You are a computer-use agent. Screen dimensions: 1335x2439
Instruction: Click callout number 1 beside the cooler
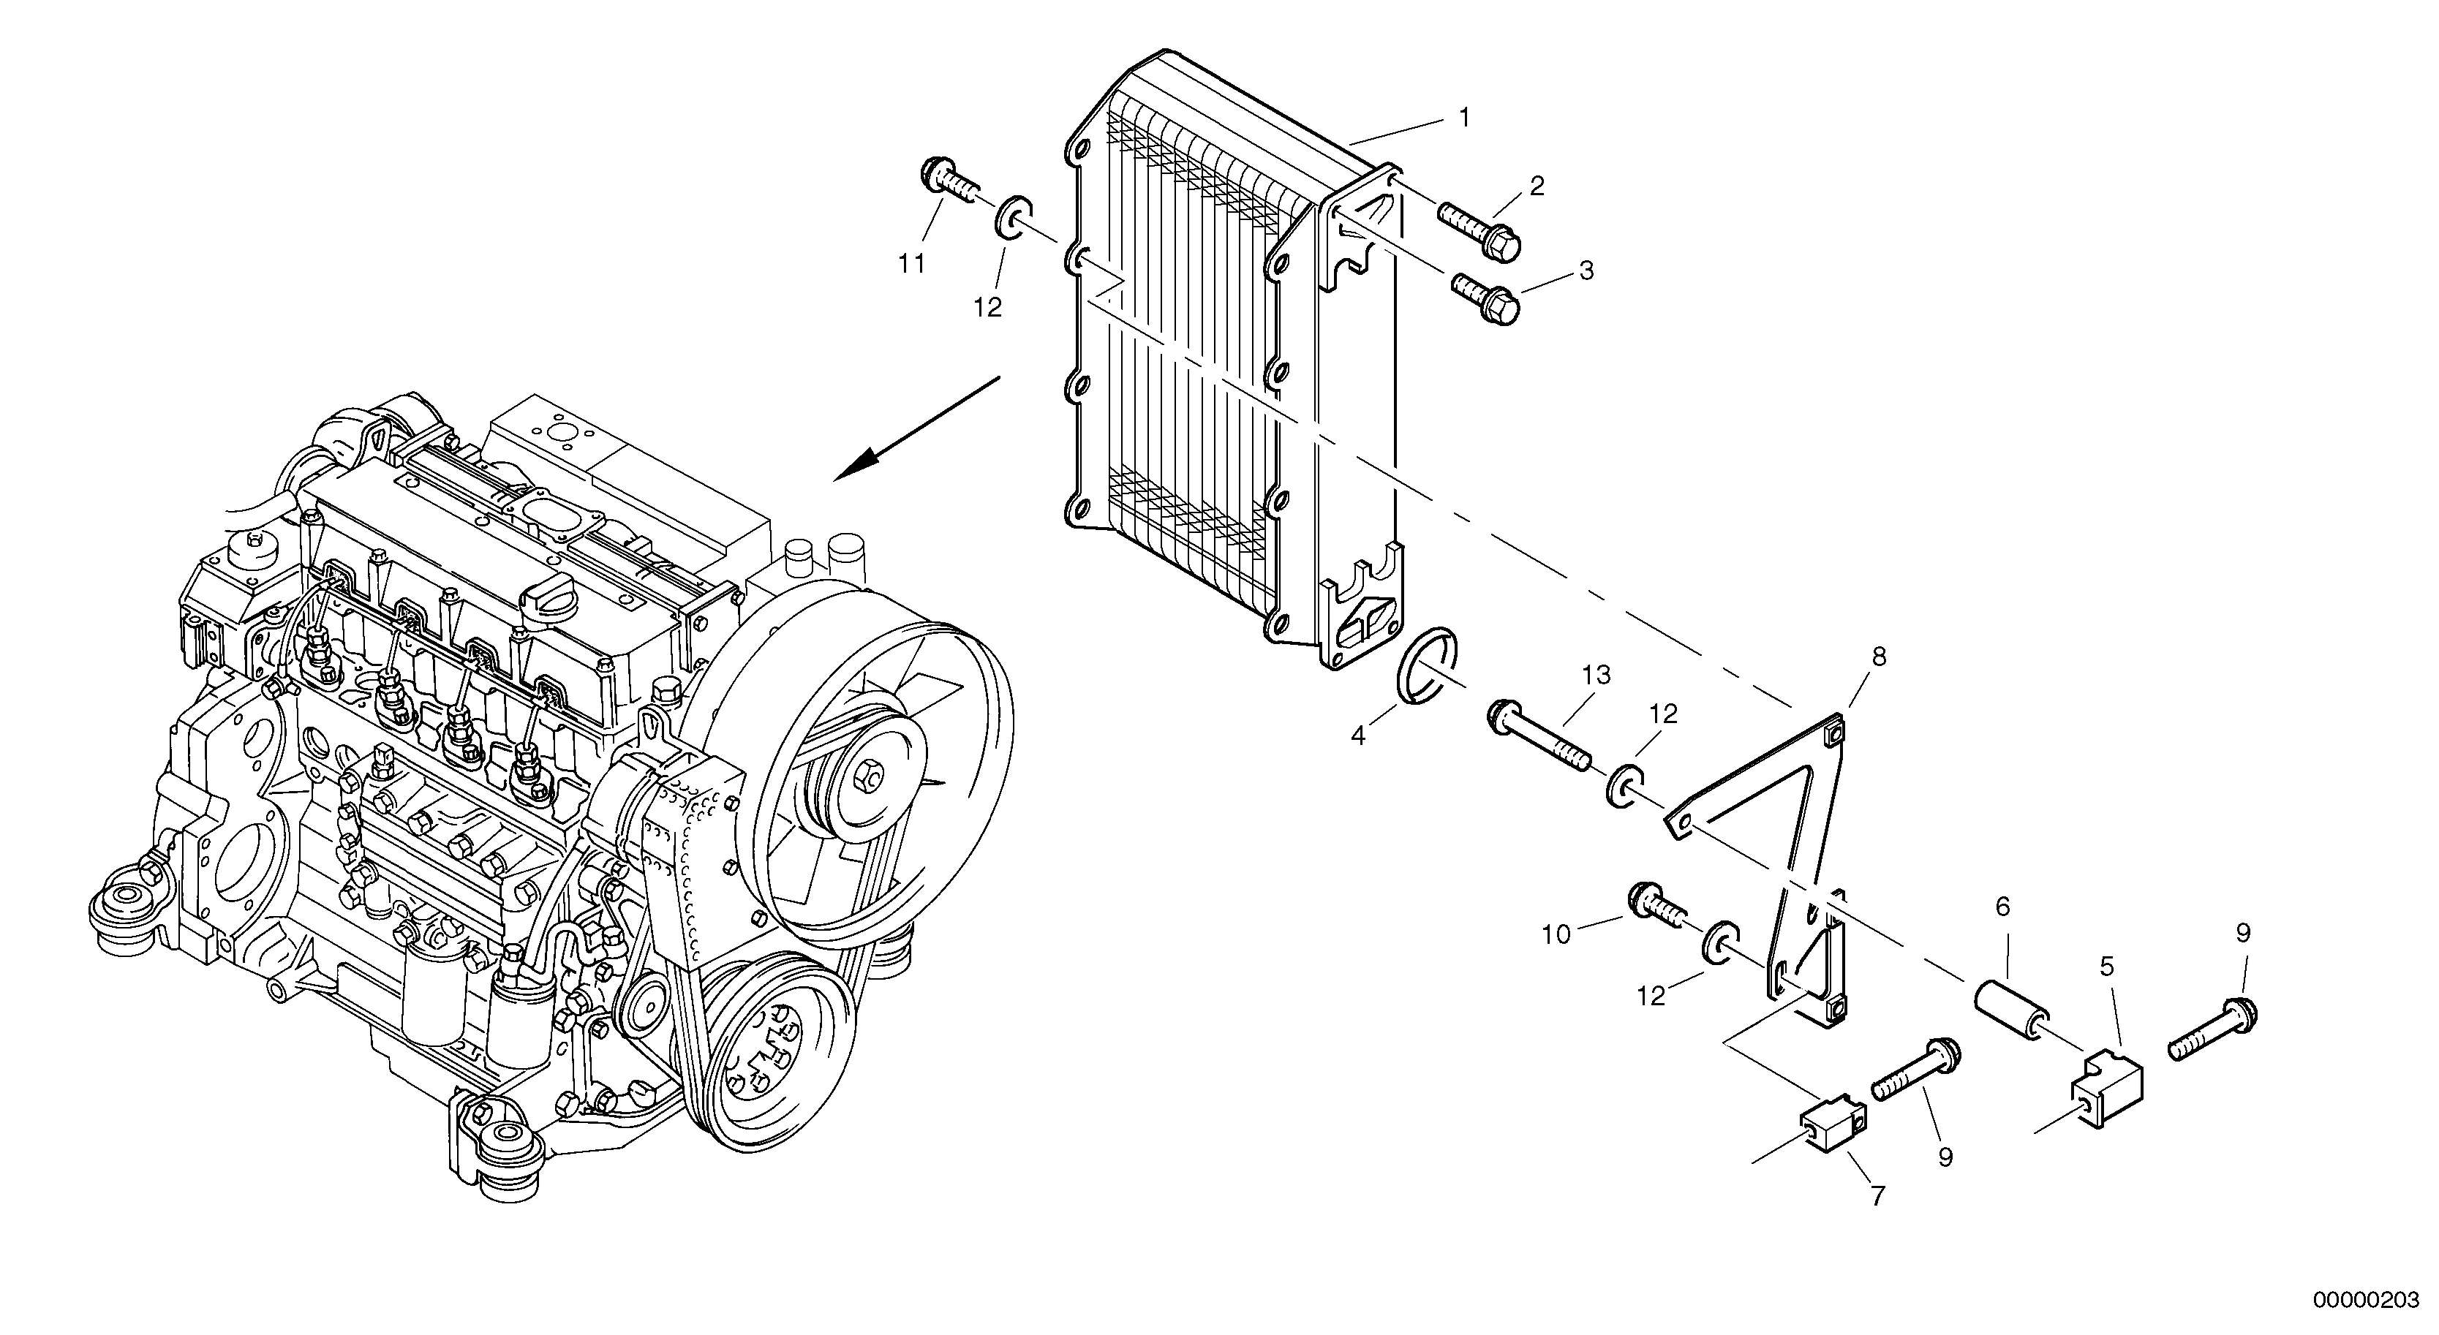tap(1464, 118)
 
